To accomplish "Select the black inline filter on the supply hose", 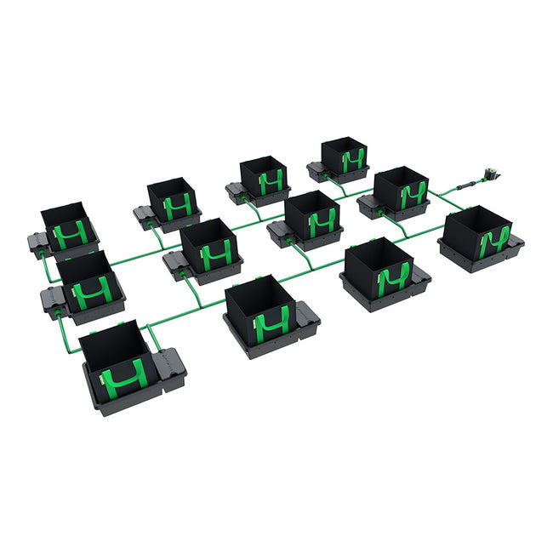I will tap(466, 184).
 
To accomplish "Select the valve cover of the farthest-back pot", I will tap(319, 170).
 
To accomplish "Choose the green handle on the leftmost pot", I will tap(70, 232).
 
